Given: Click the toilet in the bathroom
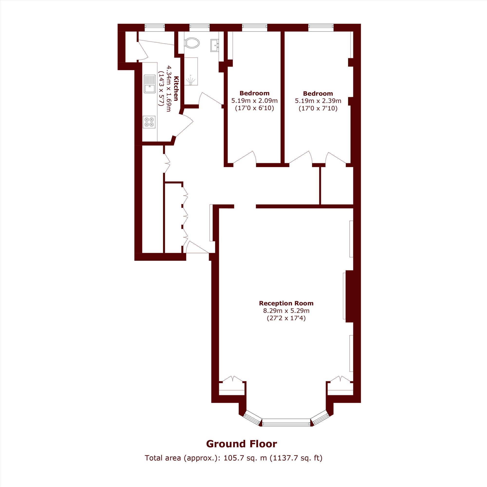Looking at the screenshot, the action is (192, 43).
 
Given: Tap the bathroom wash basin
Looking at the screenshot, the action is (215, 45).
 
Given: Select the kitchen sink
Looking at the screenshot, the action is (150, 84).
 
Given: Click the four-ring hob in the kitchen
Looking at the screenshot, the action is (149, 122).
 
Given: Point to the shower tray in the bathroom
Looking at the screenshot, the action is (191, 71).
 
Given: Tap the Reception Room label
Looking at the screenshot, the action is (286, 303).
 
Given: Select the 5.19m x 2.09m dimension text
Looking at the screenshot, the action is (254, 101).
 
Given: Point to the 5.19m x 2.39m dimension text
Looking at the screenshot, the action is (318, 101).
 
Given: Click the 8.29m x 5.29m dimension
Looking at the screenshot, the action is (286, 310).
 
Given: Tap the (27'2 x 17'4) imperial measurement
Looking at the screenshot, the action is (286, 318).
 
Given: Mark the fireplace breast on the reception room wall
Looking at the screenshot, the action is (349, 296).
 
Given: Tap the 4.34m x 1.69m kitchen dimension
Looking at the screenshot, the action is (168, 88).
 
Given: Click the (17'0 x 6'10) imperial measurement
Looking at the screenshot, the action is (254, 108).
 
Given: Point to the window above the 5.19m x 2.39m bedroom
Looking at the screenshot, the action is (321, 28).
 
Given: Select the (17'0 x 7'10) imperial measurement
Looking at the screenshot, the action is (318, 109).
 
